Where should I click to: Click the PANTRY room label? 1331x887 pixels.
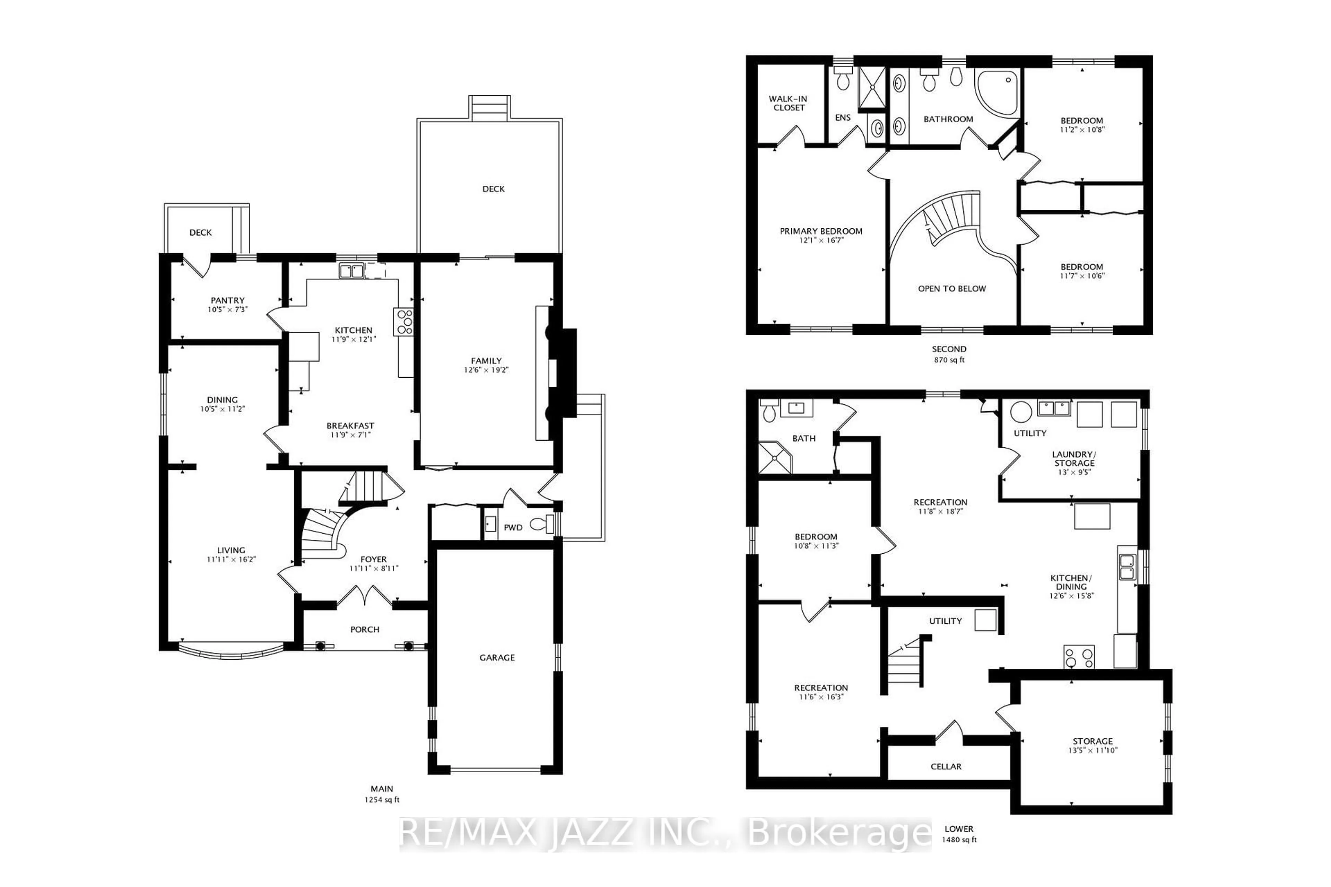click(227, 300)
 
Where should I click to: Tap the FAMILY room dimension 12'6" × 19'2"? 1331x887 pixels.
click(486, 370)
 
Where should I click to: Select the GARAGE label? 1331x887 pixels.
click(497, 657)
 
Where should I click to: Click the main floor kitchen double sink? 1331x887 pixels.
click(351, 271)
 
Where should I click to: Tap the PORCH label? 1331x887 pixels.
click(364, 629)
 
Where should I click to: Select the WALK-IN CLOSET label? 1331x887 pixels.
click(788, 103)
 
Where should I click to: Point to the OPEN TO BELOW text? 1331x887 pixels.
click(952, 289)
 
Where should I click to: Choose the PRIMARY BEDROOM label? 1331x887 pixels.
click(821, 231)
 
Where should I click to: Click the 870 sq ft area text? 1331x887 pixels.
click(949, 360)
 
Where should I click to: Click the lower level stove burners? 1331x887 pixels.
click(1079, 657)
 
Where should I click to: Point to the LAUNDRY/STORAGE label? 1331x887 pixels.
click(1074, 458)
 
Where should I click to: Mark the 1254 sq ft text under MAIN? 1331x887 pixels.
click(382, 800)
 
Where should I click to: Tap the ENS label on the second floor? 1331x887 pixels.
click(843, 118)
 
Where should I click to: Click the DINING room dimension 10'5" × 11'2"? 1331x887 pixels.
click(223, 409)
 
